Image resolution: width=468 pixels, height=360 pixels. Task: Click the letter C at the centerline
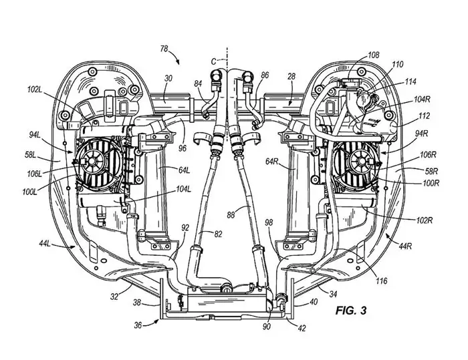(x=213, y=60)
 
